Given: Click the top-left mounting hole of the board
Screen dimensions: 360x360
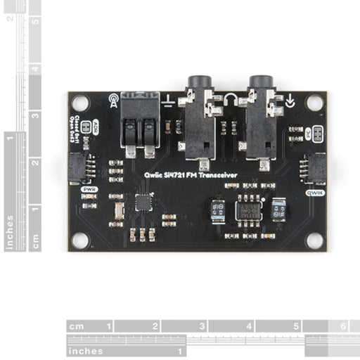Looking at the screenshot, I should [81, 103].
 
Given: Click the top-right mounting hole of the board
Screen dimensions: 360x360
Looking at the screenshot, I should [314, 103].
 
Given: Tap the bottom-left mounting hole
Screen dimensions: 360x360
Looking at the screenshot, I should [81, 240].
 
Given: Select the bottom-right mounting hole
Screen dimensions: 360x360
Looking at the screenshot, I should [314, 240].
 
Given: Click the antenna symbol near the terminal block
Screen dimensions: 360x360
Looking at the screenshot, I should [113, 99].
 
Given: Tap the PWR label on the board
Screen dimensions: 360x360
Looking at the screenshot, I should [89, 189].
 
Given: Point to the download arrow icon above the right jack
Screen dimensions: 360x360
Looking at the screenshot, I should [290, 101].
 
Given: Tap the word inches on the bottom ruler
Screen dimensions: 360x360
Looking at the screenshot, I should [86, 351].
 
